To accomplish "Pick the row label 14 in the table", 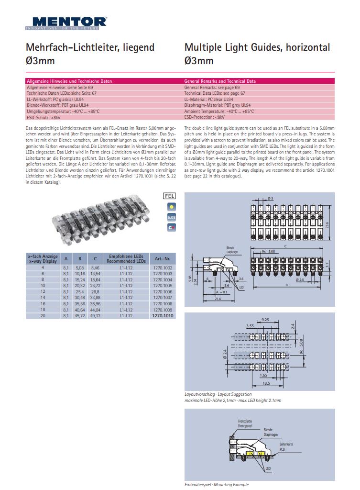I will pos(43,298).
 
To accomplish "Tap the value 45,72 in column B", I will pos(80,316).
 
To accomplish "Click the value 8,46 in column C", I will pos(95,267).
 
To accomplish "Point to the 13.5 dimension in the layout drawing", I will pos(266,384).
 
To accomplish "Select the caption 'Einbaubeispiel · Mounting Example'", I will pos(216,484).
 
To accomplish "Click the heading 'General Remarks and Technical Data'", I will pos(220,81).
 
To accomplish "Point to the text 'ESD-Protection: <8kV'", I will pos(204,117).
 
